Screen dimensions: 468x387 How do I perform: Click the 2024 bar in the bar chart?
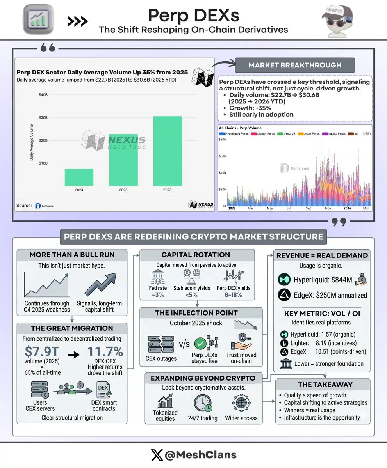[x=79, y=177]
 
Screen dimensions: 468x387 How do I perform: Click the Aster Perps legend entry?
[x=309, y=134]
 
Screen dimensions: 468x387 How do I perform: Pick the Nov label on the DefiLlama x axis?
[x=328, y=208]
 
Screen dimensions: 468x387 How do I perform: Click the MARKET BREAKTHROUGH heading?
[x=294, y=65]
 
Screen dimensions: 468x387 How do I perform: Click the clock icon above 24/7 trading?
[x=203, y=403]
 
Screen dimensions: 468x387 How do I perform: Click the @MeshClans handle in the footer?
[x=201, y=455]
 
